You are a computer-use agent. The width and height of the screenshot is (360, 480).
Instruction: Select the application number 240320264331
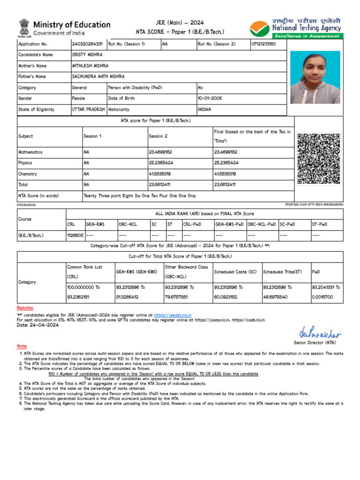[87, 44]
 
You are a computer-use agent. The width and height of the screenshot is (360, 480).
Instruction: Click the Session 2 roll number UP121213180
[263, 44]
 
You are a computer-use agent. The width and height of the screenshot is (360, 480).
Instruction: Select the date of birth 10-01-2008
[210, 98]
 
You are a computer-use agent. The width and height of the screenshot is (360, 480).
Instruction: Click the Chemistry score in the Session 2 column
[160, 173]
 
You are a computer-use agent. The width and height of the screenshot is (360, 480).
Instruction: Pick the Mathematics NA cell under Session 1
[86, 152]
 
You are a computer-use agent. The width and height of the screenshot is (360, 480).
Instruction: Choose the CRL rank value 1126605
[75, 235]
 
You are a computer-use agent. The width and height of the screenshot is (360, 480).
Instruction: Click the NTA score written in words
[140, 195]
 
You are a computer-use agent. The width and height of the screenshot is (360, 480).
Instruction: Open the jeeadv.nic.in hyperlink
[173, 315]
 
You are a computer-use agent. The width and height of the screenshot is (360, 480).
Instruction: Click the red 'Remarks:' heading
[25, 307]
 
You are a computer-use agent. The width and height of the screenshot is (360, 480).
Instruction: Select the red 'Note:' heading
[22, 346]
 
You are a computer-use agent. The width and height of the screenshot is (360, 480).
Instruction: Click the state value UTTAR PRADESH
[88, 109]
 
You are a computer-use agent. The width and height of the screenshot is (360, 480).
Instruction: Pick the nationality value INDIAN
[204, 109]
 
